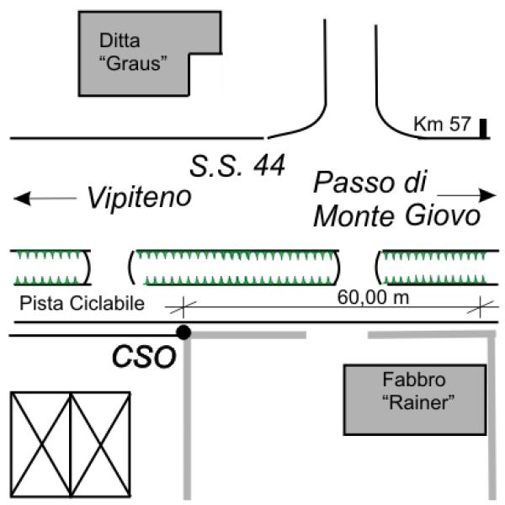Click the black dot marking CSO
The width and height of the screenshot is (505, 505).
pyautogui.click(x=183, y=332)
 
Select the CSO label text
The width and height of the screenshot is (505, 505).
pyautogui.click(x=144, y=357)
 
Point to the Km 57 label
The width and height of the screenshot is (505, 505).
pyautogui.click(x=441, y=125)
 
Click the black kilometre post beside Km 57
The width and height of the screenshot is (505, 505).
pyautogui.click(x=484, y=128)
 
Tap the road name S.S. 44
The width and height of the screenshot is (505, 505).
pyautogui.click(x=237, y=164)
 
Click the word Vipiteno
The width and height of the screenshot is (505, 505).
pyautogui.click(x=139, y=198)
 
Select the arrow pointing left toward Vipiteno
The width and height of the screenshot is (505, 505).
pyautogui.click(x=45, y=199)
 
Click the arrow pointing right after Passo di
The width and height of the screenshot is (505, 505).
pyautogui.click(x=467, y=194)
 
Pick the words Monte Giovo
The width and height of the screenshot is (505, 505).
pyautogui.click(x=396, y=216)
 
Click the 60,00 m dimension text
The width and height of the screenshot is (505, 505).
pyautogui.click(x=371, y=296)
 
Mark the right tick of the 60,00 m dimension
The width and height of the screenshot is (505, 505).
pyautogui.click(x=480, y=307)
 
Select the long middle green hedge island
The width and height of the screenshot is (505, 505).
pyautogui.click(x=237, y=267)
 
